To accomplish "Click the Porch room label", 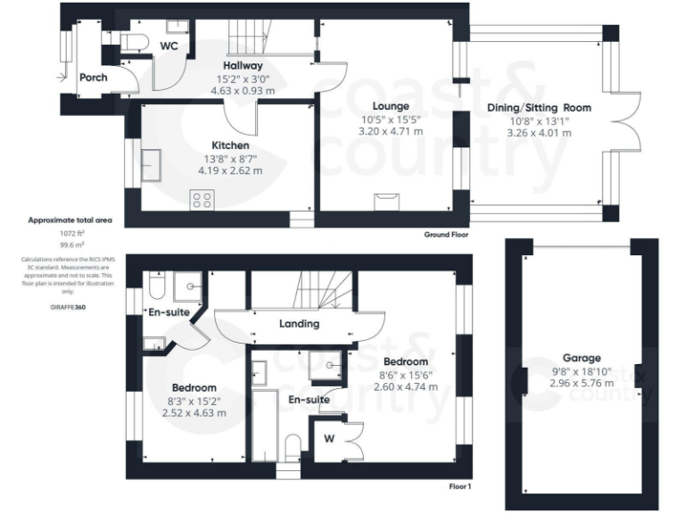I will tap(93, 78).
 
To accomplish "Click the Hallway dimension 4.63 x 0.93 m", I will tap(242, 90).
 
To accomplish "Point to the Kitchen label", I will tap(230, 145).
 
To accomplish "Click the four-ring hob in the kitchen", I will tap(201, 200).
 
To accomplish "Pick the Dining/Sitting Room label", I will tap(539, 107).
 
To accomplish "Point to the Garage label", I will tap(581, 357).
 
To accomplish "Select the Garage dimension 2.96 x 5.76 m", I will tap(581, 382).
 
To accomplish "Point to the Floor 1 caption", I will tap(458, 487).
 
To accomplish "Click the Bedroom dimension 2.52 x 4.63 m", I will tap(194, 413).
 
